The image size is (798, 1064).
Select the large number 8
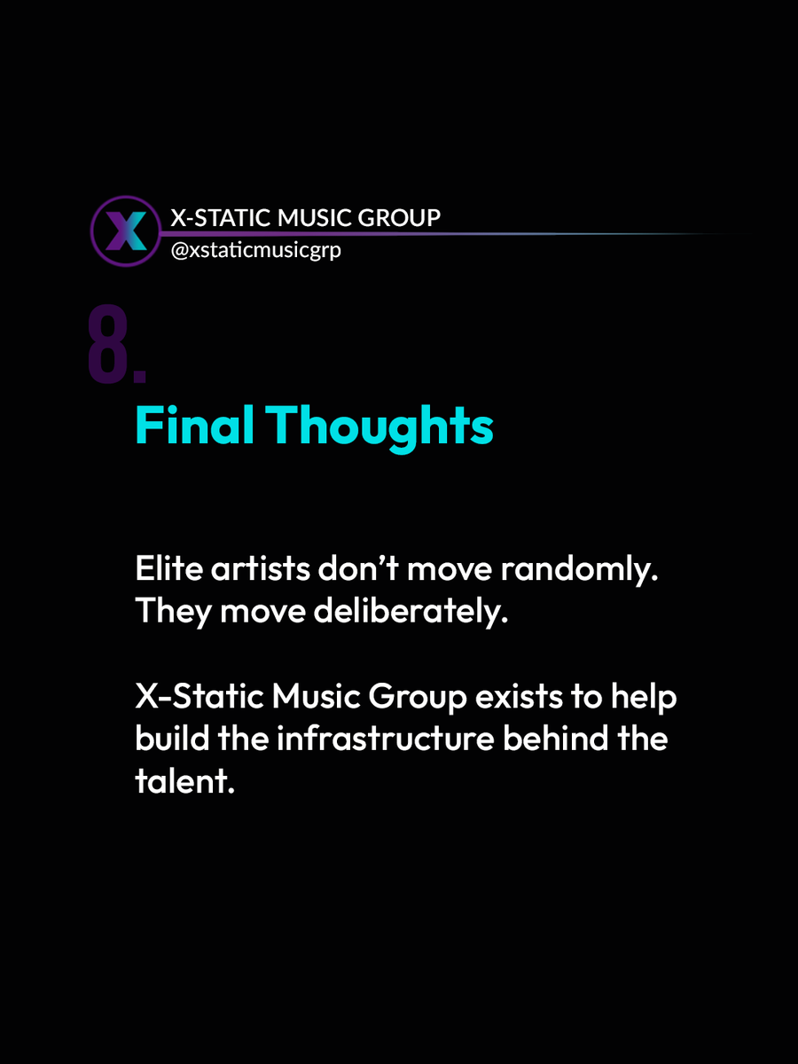(x=108, y=347)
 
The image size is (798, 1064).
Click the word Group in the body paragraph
(x=416, y=699)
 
